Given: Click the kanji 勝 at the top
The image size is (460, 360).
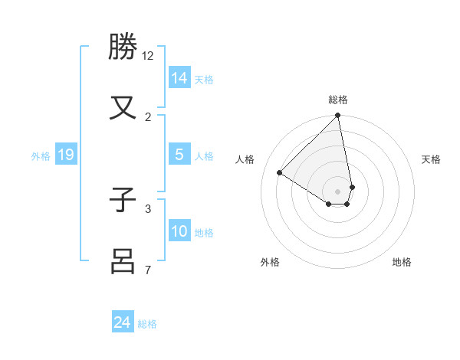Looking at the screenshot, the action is (x=123, y=47).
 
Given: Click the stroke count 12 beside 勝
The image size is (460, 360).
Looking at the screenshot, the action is (x=148, y=55).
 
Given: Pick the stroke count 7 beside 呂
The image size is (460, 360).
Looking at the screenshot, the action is (x=148, y=269).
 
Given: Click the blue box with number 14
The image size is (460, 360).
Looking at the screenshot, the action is (x=179, y=77).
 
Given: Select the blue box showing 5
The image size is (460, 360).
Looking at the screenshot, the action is (x=179, y=155).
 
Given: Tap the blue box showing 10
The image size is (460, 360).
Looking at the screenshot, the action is (x=179, y=231).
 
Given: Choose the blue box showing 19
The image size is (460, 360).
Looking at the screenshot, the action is (x=66, y=155).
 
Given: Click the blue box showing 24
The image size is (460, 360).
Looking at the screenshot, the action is (x=123, y=322).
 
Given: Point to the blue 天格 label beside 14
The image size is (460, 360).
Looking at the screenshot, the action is (x=204, y=80).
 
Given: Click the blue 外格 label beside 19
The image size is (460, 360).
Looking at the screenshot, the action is (x=41, y=156).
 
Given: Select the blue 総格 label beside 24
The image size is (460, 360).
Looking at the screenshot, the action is (x=147, y=324).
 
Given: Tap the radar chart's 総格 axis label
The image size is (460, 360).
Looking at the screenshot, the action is (x=338, y=100).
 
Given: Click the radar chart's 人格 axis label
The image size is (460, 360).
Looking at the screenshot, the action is (x=245, y=159).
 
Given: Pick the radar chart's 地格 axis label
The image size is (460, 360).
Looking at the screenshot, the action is (x=402, y=262).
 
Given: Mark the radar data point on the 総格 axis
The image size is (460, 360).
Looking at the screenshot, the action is (x=338, y=116).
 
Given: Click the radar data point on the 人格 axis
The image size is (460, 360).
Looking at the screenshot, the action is (x=280, y=173).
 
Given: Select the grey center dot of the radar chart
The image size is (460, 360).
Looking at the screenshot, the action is (x=338, y=191).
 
